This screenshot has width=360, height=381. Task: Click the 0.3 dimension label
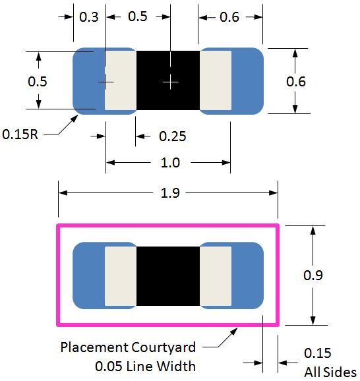89,17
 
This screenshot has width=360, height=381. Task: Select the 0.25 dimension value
173,136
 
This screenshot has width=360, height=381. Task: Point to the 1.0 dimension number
170,163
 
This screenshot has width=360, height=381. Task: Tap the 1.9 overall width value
170,193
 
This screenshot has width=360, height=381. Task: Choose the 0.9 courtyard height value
313,276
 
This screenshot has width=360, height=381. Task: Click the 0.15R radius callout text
20,134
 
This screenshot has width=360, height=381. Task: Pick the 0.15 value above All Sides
317,353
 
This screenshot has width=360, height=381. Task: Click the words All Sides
330,372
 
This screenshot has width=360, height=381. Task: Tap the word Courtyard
164,347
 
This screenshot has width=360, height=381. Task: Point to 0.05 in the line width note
108,366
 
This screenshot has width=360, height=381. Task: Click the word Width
177,366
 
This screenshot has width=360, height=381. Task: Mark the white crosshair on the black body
171,82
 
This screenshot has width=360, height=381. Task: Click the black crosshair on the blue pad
105,82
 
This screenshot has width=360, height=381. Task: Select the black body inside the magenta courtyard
168,276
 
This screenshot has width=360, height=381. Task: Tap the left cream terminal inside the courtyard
121,276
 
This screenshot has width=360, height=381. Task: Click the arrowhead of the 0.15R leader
78,115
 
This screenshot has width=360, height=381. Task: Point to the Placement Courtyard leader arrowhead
237,328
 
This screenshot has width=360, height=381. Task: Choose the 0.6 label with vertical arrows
296,81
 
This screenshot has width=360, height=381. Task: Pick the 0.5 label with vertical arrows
37,81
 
